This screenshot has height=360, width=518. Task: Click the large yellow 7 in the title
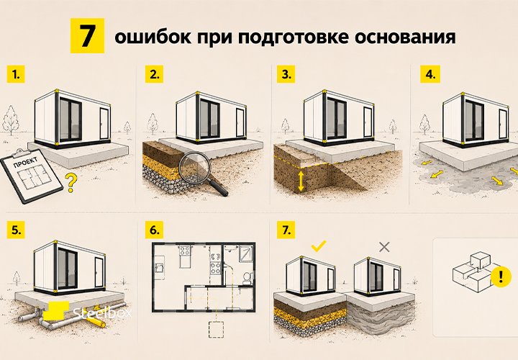87,36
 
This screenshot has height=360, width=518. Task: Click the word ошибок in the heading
153,37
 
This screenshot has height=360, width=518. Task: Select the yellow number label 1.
16,74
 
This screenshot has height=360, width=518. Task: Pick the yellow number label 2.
154,74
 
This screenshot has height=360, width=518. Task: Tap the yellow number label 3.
286,74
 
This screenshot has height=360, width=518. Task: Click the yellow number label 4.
430,74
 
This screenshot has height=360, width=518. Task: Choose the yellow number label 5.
16,230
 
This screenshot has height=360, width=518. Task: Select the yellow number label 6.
154,230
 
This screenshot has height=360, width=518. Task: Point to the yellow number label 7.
286,230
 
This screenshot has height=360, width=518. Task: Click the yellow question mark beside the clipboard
71,182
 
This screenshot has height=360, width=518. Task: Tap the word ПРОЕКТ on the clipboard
25,162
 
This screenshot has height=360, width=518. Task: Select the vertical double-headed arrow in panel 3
301,181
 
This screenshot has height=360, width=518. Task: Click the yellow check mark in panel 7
319,246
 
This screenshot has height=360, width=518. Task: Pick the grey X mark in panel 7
384,247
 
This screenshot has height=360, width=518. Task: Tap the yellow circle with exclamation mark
501,276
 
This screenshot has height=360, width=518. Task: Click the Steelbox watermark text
102,312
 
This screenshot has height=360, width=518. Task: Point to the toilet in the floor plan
247,277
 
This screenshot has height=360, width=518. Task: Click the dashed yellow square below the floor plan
216,330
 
